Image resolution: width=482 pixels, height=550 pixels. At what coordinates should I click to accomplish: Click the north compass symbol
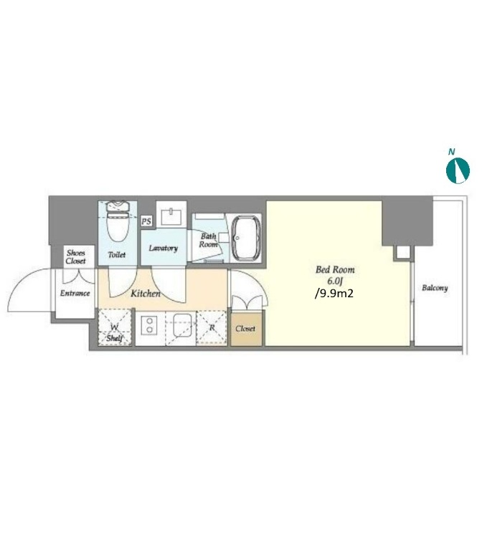pyautogui.click(x=458, y=170)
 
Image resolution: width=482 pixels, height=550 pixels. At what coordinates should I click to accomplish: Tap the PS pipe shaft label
pyautogui.click(x=146, y=221)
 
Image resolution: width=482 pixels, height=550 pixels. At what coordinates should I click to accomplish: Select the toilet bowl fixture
pyautogui.click(x=118, y=221)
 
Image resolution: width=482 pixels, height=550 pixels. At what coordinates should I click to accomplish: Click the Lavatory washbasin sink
pyautogui.click(x=171, y=216)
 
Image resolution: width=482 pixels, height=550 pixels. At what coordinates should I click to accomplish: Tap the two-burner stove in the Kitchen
pyautogui.click(x=150, y=325)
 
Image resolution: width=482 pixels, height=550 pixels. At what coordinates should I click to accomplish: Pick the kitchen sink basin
pyautogui.click(x=183, y=324)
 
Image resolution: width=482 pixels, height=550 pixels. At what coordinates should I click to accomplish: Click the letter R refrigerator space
pyautogui.click(x=212, y=328)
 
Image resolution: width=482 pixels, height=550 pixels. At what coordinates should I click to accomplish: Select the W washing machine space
pyautogui.click(x=115, y=327)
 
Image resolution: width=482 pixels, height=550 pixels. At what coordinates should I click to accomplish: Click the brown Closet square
pyautogui.click(x=246, y=329)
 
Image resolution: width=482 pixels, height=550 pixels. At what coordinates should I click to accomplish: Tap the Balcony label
pyautogui.click(x=435, y=288)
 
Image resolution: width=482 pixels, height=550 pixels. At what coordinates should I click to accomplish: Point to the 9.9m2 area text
pyautogui.click(x=334, y=293)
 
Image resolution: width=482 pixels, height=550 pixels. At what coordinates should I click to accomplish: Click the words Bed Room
pyautogui.click(x=335, y=270)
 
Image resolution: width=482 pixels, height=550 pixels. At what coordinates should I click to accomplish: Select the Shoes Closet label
pyautogui.click(x=75, y=257)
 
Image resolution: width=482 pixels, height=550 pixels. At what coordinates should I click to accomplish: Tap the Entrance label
pyautogui.click(x=75, y=293)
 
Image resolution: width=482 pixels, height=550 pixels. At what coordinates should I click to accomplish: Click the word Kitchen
pyautogui.click(x=146, y=293)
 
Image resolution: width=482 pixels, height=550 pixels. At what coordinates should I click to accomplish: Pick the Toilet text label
pyautogui.click(x=117, y=255)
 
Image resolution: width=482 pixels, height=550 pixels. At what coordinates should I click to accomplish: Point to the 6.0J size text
pyautogui.click(x=335, y=281)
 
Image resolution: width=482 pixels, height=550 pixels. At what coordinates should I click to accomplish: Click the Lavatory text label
pyautogui.click(x=164, y=248)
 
